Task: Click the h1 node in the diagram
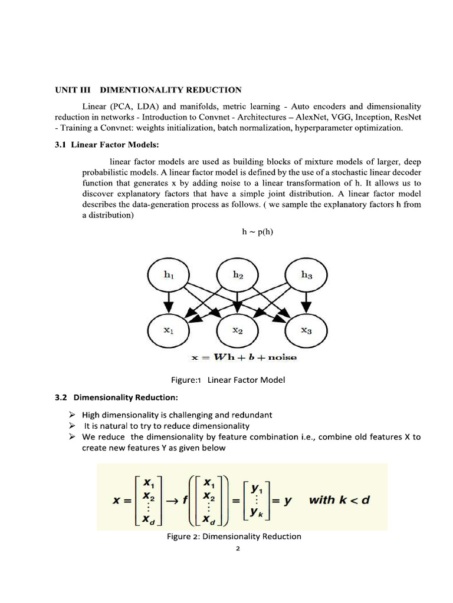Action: pos(168,274)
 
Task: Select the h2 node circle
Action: pos(237,274)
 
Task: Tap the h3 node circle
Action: pos(306,274)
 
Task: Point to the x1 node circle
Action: pos(168,331)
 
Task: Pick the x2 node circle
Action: pos(237,331)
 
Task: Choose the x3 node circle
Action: pos(306,331)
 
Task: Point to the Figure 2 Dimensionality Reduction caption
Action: pos(235,536)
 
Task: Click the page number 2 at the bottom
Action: pos(237,549)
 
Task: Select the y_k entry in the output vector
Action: pos(258,512)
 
